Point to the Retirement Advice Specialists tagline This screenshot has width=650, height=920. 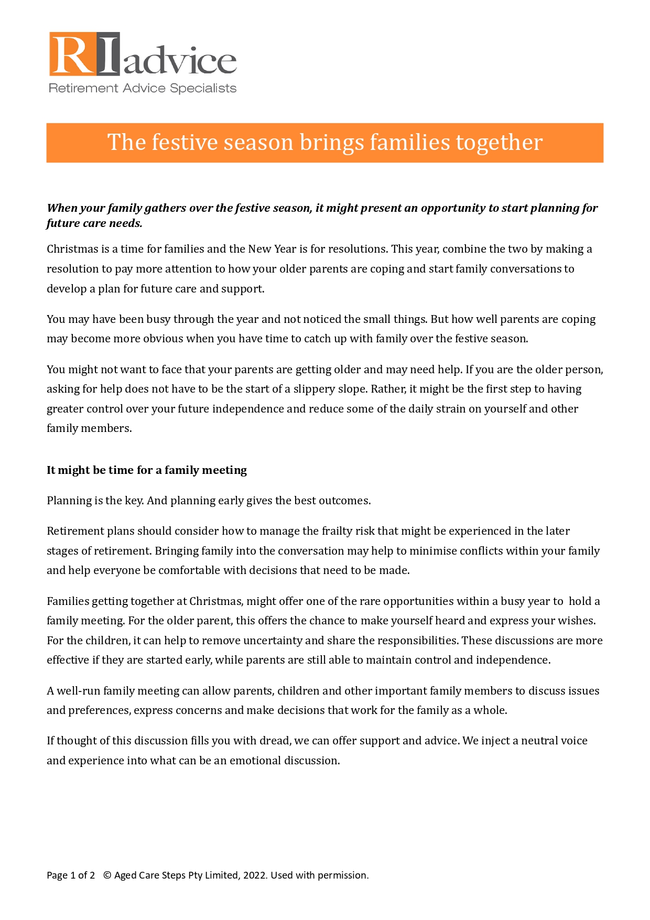click(142, 88)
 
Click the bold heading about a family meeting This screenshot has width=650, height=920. click(147, 470)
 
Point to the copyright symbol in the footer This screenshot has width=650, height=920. click(107, 875)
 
